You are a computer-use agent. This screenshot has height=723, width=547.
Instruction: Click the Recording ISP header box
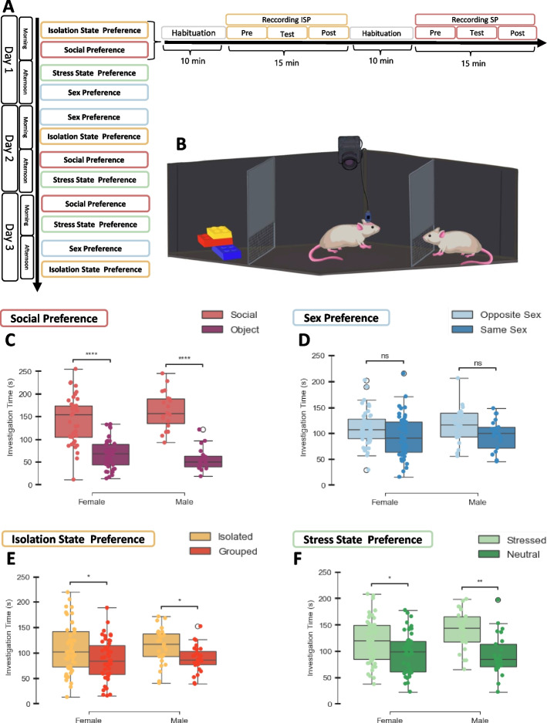[x=286, y=19]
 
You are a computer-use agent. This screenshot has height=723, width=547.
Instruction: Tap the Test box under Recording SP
[x=476, y=33]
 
